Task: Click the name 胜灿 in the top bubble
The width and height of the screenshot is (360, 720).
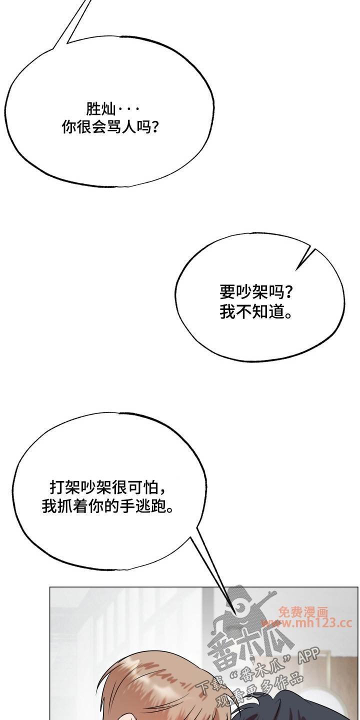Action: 100,109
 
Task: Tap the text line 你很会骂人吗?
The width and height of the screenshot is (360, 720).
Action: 110,127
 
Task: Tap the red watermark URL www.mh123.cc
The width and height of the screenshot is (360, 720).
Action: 306,623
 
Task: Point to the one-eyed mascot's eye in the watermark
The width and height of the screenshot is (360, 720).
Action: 241,607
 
